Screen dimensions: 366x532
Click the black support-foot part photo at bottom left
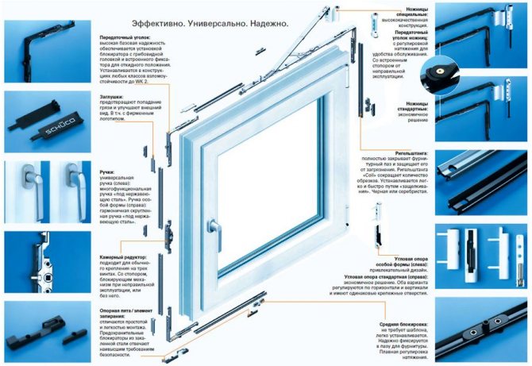click(x=36, y=337)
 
